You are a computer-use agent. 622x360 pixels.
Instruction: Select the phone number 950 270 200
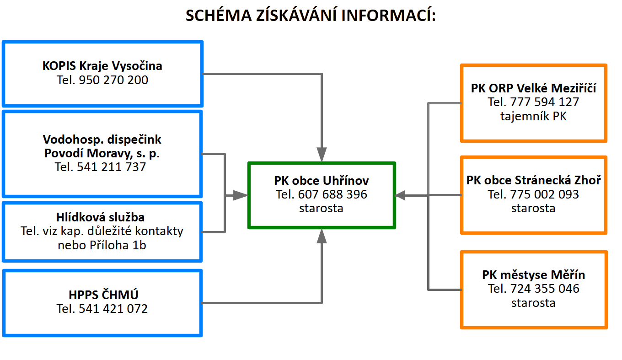coord(113,80)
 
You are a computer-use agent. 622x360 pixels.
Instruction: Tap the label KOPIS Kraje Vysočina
coord(102,66)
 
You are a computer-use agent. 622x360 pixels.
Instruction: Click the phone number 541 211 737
coord(112,167)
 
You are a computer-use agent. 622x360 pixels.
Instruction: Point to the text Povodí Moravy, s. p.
coord(102,153)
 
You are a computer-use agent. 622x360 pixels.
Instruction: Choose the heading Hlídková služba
coord(102,217)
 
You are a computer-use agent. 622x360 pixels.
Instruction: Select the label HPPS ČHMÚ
coord(102,295)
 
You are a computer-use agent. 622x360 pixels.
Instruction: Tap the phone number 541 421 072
coord(113,309)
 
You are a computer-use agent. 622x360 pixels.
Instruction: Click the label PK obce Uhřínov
coord(321,180)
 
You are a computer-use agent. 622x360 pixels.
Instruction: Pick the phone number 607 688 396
coord(332,194)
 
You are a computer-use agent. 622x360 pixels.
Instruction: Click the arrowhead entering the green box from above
coord(322,154)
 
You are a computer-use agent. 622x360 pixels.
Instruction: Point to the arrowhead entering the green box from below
coord(322,236)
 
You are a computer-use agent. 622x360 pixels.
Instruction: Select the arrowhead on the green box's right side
coord(401,195)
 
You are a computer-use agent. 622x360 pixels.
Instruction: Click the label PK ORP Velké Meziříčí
coord(533,88)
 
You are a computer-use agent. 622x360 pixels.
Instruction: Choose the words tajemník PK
coord(533,116)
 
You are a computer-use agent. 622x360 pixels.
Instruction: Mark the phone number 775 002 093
coord(545,194)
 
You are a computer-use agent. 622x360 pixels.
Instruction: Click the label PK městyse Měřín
coord(533,275)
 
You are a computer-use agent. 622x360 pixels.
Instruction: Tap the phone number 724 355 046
coord(545,289)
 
